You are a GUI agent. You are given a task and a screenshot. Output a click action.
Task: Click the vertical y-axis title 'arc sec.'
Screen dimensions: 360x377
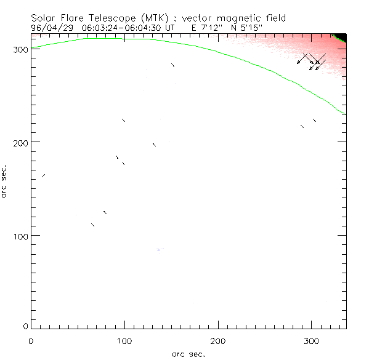[5, 180]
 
